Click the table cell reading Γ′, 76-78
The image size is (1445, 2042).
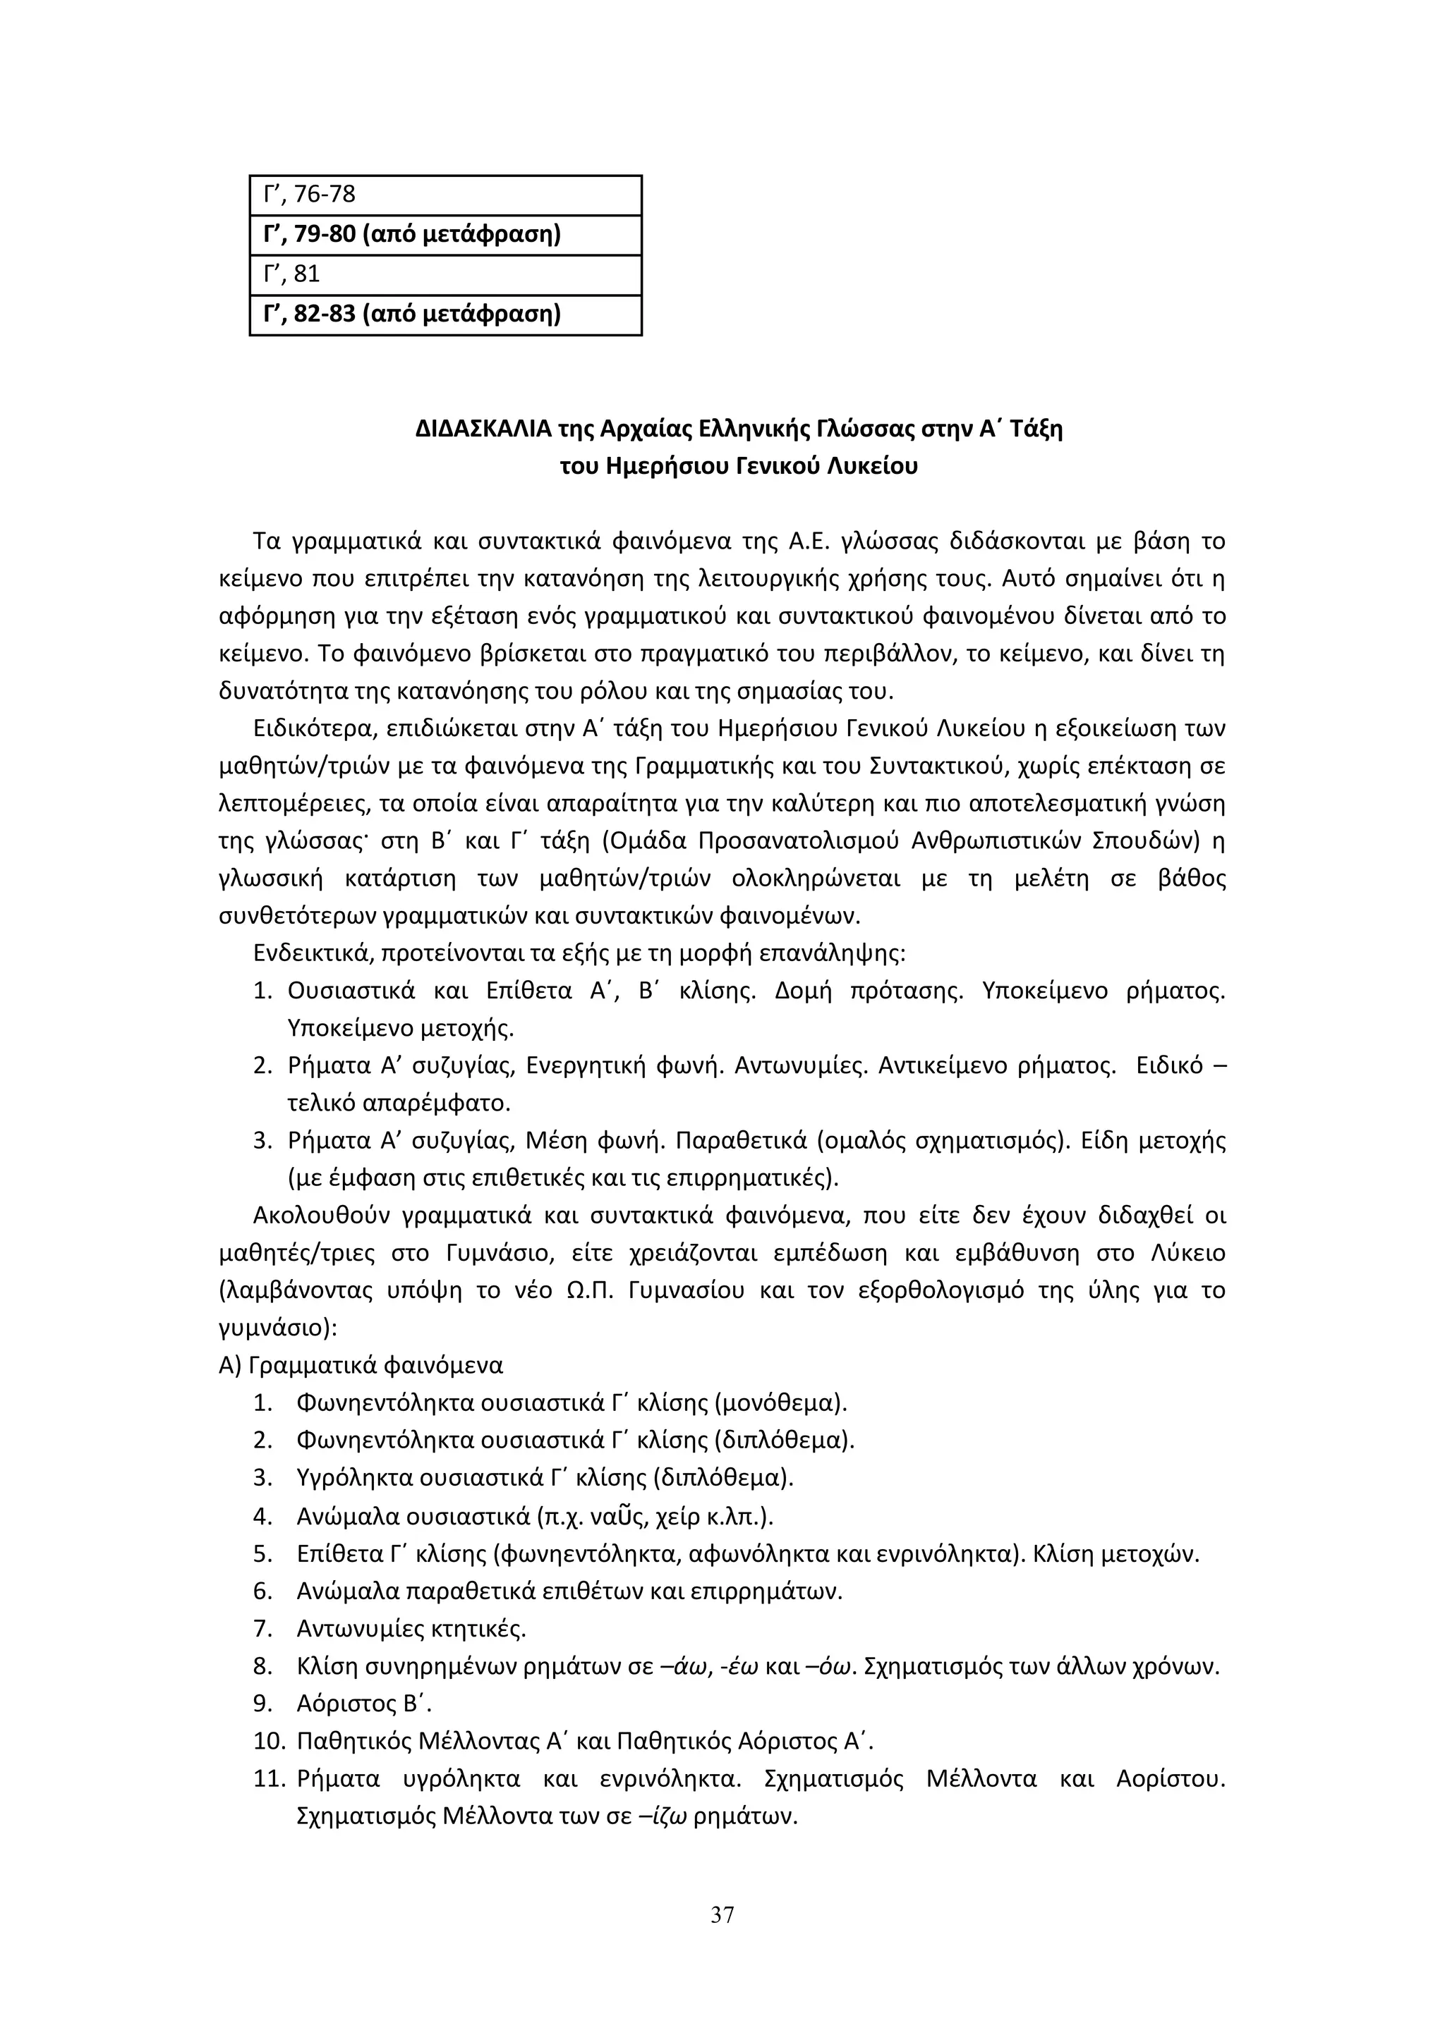point(445,195)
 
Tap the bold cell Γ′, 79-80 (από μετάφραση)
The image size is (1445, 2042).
point(445,235)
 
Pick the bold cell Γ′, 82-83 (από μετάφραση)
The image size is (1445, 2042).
point(445,315)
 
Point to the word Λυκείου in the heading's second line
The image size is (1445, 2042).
point(873,467)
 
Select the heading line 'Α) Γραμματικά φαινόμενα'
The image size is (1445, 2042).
point(361,1364)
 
